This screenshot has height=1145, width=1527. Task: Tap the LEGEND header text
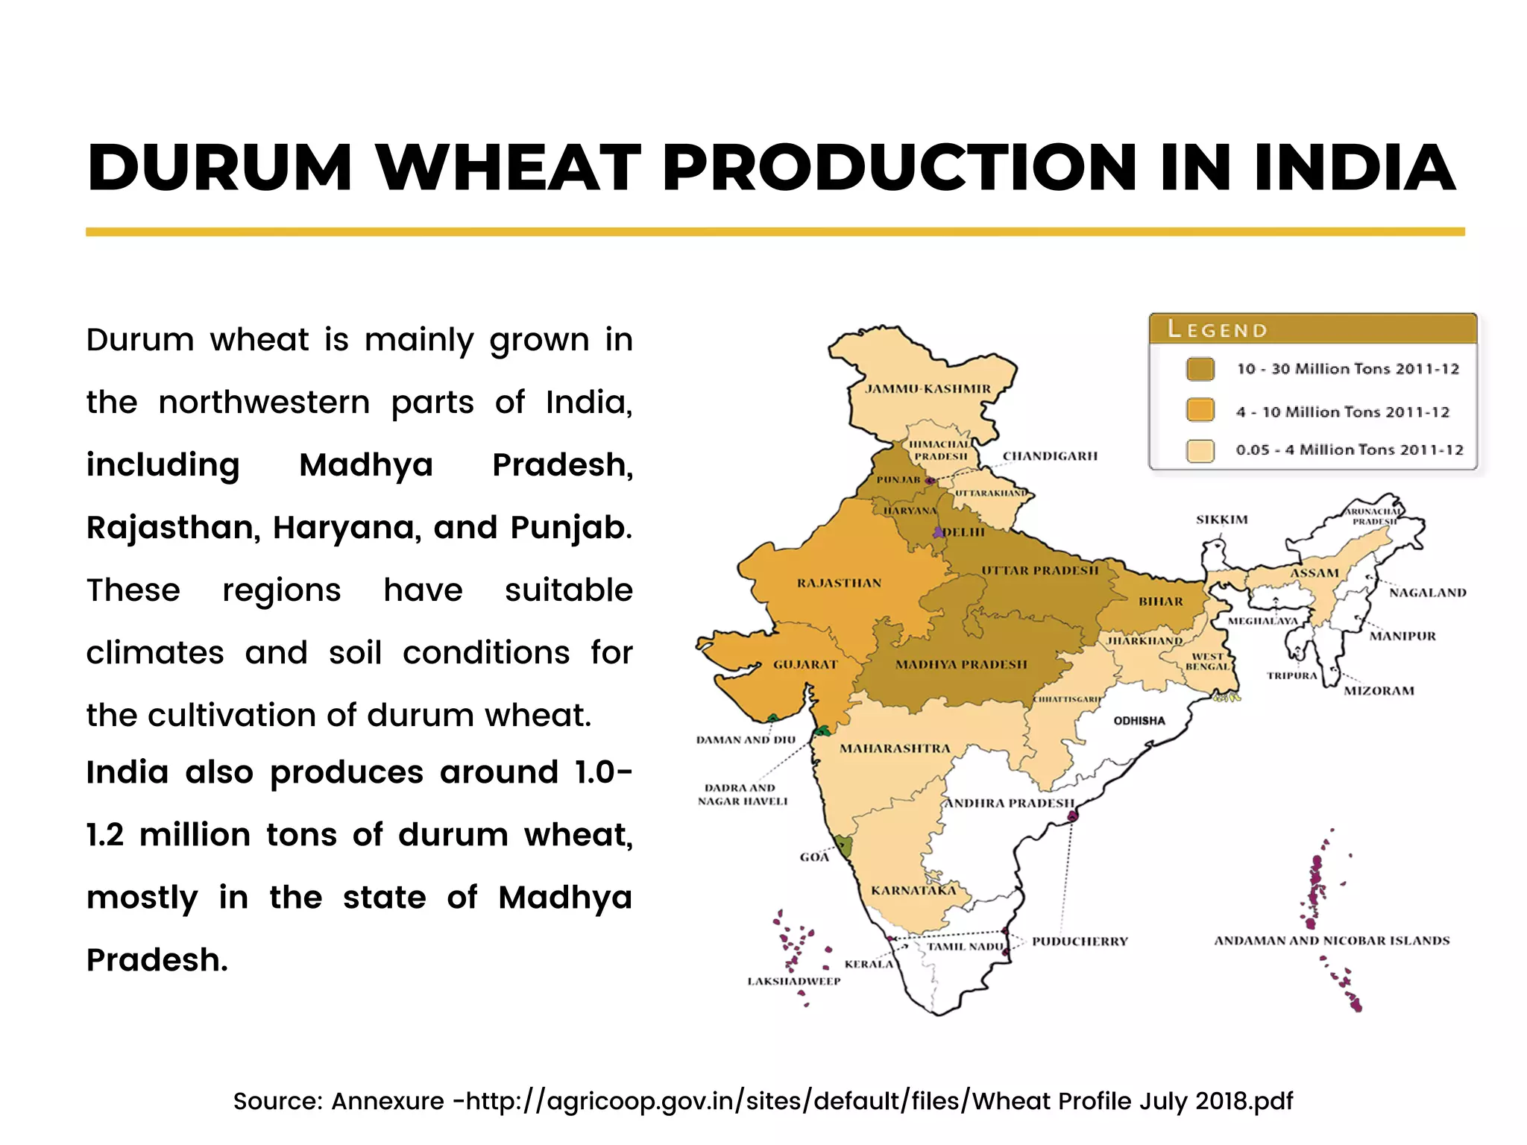(1217, 329)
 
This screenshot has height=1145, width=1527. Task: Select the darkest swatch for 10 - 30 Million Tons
(1200, 369)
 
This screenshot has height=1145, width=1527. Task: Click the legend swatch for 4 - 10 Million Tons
(1200, 410)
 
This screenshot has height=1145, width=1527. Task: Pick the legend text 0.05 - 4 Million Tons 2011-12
(1349, 450)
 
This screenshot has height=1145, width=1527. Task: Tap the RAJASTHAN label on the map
(839, 583)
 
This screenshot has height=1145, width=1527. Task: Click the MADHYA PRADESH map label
(961, 664)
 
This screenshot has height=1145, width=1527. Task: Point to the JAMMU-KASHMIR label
(928, 389)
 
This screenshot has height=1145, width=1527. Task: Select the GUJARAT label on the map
(805, 664)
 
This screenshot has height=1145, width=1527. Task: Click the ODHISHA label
(1139, 721)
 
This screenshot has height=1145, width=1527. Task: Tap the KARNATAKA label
(913, 891)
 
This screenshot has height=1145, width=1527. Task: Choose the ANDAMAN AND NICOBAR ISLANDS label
(1332, 941)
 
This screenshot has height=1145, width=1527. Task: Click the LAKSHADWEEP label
(793, 982)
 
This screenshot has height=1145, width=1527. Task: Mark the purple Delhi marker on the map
(938, 532)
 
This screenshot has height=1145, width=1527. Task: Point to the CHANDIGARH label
(1050, 456)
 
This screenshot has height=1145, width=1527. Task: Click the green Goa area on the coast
(843, 845)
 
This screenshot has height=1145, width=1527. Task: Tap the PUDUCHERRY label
(1080, 941)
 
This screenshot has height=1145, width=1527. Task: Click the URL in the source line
(879, 1101)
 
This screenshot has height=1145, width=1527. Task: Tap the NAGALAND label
(1427, 593)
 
